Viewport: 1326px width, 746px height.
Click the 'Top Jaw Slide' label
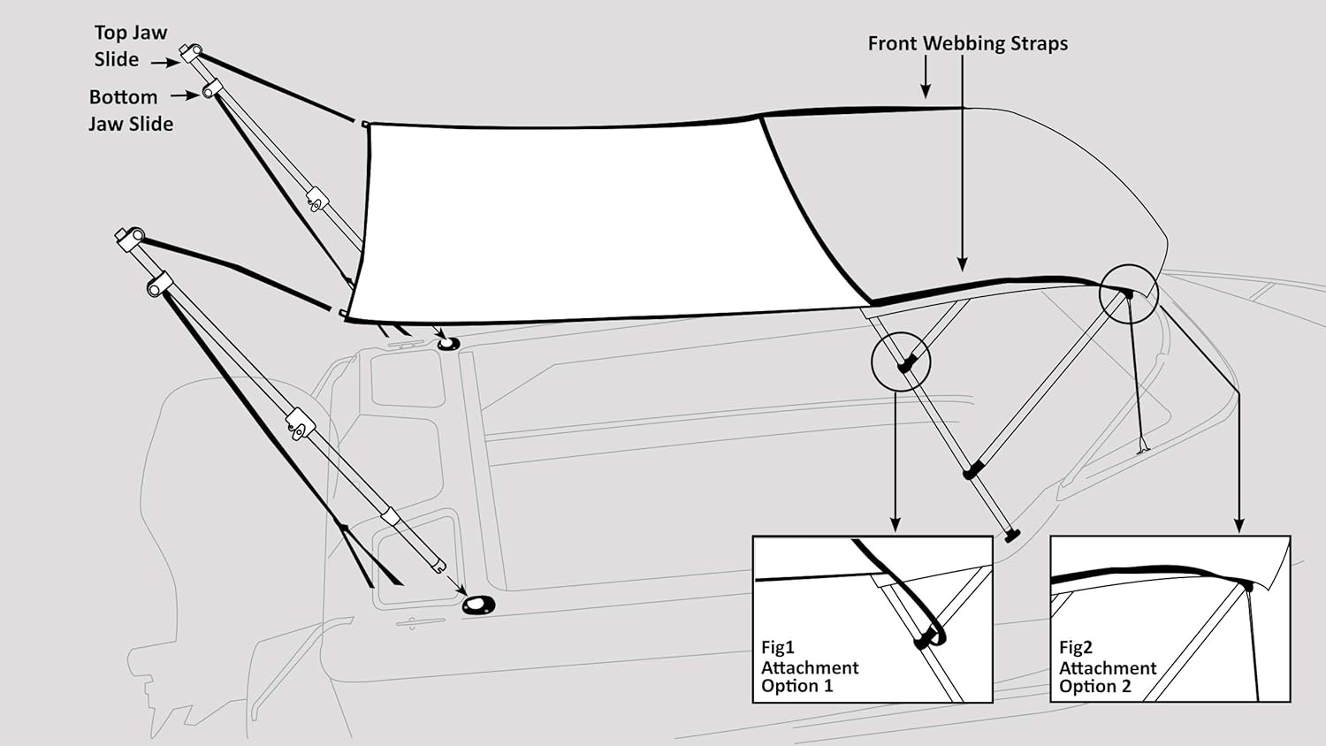(x=131, y=46)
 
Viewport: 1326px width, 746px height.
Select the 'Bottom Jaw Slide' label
(x=131, y=110)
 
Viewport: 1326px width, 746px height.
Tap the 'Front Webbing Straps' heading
(x=968, y=43)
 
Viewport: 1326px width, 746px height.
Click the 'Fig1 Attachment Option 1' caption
(x=810, y=666)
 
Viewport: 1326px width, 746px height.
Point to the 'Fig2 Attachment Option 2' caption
(x=1108, y=666)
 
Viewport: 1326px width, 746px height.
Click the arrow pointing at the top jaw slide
(x=166, y=62)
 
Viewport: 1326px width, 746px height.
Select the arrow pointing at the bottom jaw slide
(x=186, y=95)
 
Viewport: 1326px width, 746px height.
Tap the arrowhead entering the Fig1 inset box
(x=895, y=524)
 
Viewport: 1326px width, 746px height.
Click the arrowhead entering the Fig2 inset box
(x=1239, y=524)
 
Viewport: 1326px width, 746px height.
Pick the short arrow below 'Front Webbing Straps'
(x=926, y=77)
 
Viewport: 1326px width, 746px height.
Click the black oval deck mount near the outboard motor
(x=478, y=605)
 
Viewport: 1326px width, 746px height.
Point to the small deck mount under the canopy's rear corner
(x=446, y=344)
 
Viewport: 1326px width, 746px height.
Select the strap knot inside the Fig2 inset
(x=1247, y=586)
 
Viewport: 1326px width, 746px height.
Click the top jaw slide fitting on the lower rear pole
(x=130, y=238)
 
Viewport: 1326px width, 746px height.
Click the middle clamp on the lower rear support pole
(x=301, y=422)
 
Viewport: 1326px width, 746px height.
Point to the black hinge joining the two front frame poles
(x=972, y=471)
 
